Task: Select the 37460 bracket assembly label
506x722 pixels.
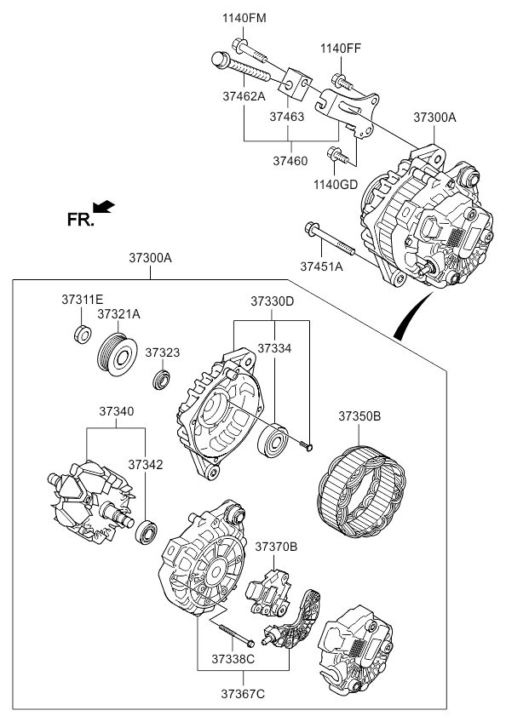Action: (x=290, y=159)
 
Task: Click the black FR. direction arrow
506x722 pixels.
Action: (x=103, y=206)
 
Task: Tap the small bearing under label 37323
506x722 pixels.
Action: (x=159, y=378)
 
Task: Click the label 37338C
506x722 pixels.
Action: (x=233, y=659)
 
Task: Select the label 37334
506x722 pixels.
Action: (x=274, y=348)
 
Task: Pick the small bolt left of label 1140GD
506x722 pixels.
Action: (x=336, y=156)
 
